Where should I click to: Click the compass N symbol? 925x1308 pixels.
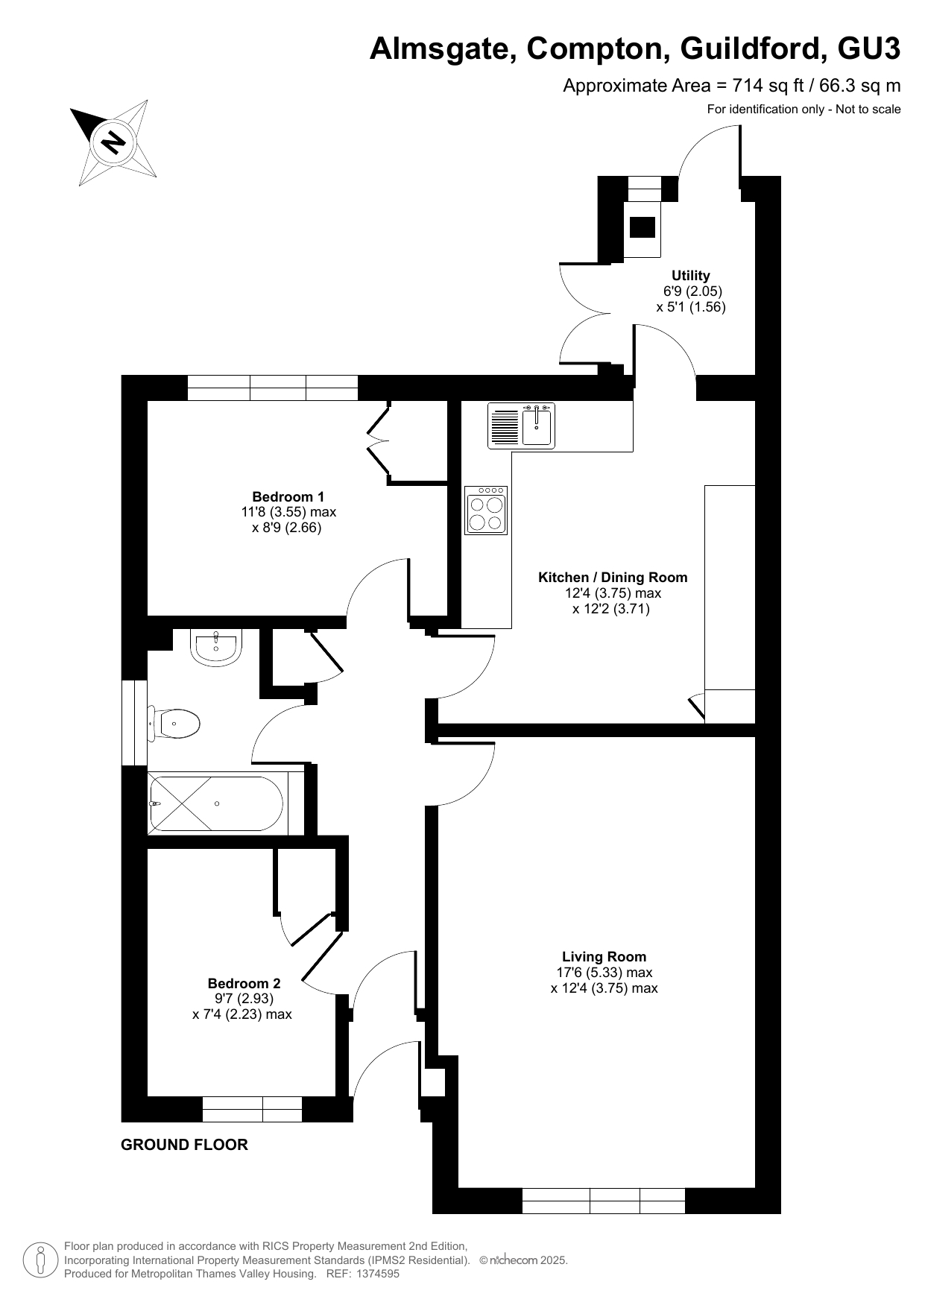click(x=113, y=141)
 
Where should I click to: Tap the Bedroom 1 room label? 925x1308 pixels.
click(x=288, y=496)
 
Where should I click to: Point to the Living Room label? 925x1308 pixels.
click(x=604, y=956)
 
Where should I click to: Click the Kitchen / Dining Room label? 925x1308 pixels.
click(x=613, y=577)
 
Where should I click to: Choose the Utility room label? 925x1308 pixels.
click(x=691, y=275)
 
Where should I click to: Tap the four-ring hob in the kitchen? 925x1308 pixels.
click(x=486, y=511)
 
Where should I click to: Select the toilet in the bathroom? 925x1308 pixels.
click(x=175, y=724)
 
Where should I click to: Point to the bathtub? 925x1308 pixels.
click(x=217, y=803)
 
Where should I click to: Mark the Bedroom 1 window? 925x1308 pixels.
click(x=273, y=388)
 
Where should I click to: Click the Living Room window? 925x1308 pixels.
click(x=604, y=1201)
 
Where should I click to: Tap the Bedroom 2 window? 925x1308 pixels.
click(x=252, y=1109)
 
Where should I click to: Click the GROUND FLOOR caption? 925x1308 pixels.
click(x=184, y=1145)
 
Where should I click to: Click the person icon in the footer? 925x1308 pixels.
click(x=40, y=1260)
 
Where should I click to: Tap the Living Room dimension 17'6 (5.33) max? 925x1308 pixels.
click(x=604, y=972)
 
